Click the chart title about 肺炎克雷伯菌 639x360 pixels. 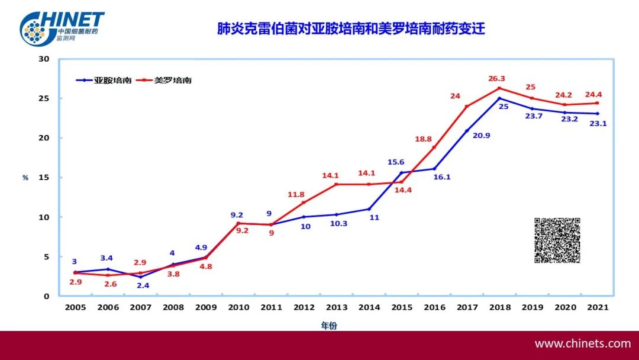click(x=351, y=28)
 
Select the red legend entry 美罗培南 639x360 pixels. click(x=172, y=80)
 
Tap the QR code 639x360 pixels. click(x=557, y=240)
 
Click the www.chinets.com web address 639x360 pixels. click(x=582, y=343)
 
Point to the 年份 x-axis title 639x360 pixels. click(x=329, y=325)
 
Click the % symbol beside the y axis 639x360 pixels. click(x=25, y=178)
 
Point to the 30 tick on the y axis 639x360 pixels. click(x=44, y=59)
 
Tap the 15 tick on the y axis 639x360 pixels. click(x=44, y=178)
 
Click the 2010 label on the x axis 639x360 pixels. click(x=238, y=307)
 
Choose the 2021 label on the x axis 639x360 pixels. click(x=597, y=307)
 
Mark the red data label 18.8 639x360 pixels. click(x=424, y=139)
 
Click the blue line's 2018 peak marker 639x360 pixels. click(x=499, y=98)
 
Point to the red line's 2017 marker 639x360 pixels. click(x=467, y=107)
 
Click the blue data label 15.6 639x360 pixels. click(x=396, y=162)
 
